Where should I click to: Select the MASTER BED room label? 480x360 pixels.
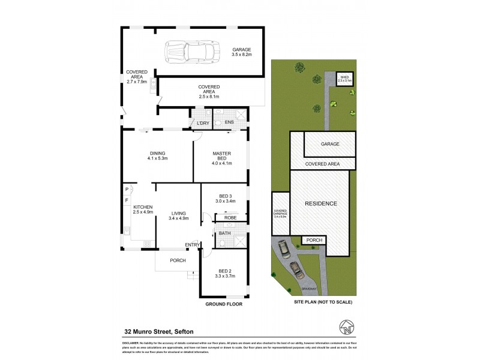tap(221, 158)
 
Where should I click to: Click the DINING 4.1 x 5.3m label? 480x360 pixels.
tap(157, 155)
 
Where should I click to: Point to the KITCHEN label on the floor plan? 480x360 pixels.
tap(143, 209)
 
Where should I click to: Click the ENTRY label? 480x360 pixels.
tap(192, 244)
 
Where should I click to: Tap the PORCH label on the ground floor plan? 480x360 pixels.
tap(178, 260)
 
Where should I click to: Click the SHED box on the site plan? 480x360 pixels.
tap(344, 79)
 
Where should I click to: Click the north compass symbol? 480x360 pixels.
tap(346, 328)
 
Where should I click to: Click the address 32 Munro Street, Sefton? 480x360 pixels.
tap(160, 331)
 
